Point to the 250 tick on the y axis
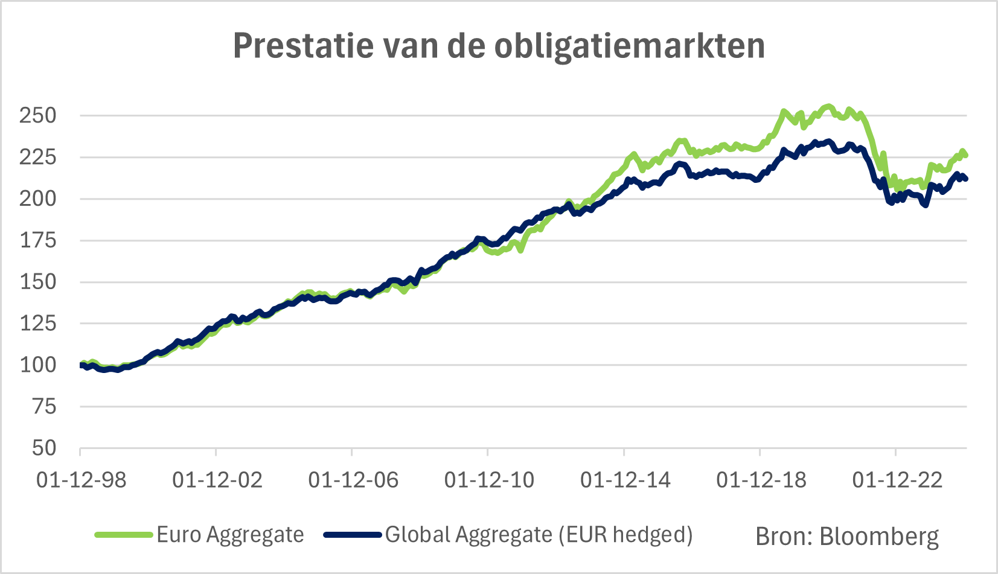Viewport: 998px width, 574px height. pos(38,115)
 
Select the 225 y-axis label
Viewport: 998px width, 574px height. pos(38,157)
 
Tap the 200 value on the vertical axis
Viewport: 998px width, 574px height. pos(38,199)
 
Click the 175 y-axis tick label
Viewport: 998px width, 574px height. pos(38,240)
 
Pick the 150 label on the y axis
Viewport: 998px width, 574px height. pos(38,282)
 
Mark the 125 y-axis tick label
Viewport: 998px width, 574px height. pos(38,324)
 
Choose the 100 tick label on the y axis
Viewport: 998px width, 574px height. pos(38,365)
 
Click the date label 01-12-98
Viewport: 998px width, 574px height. pos(82,480)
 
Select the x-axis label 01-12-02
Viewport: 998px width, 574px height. pos(217,480)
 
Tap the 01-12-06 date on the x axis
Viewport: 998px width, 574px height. pos(353,480)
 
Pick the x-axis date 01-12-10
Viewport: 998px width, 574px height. pos(489,480)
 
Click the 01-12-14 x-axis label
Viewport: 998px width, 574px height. pos(625,480)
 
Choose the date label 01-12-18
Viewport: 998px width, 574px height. pos(761,480)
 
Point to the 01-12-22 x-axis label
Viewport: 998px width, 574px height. pos(897,480)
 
